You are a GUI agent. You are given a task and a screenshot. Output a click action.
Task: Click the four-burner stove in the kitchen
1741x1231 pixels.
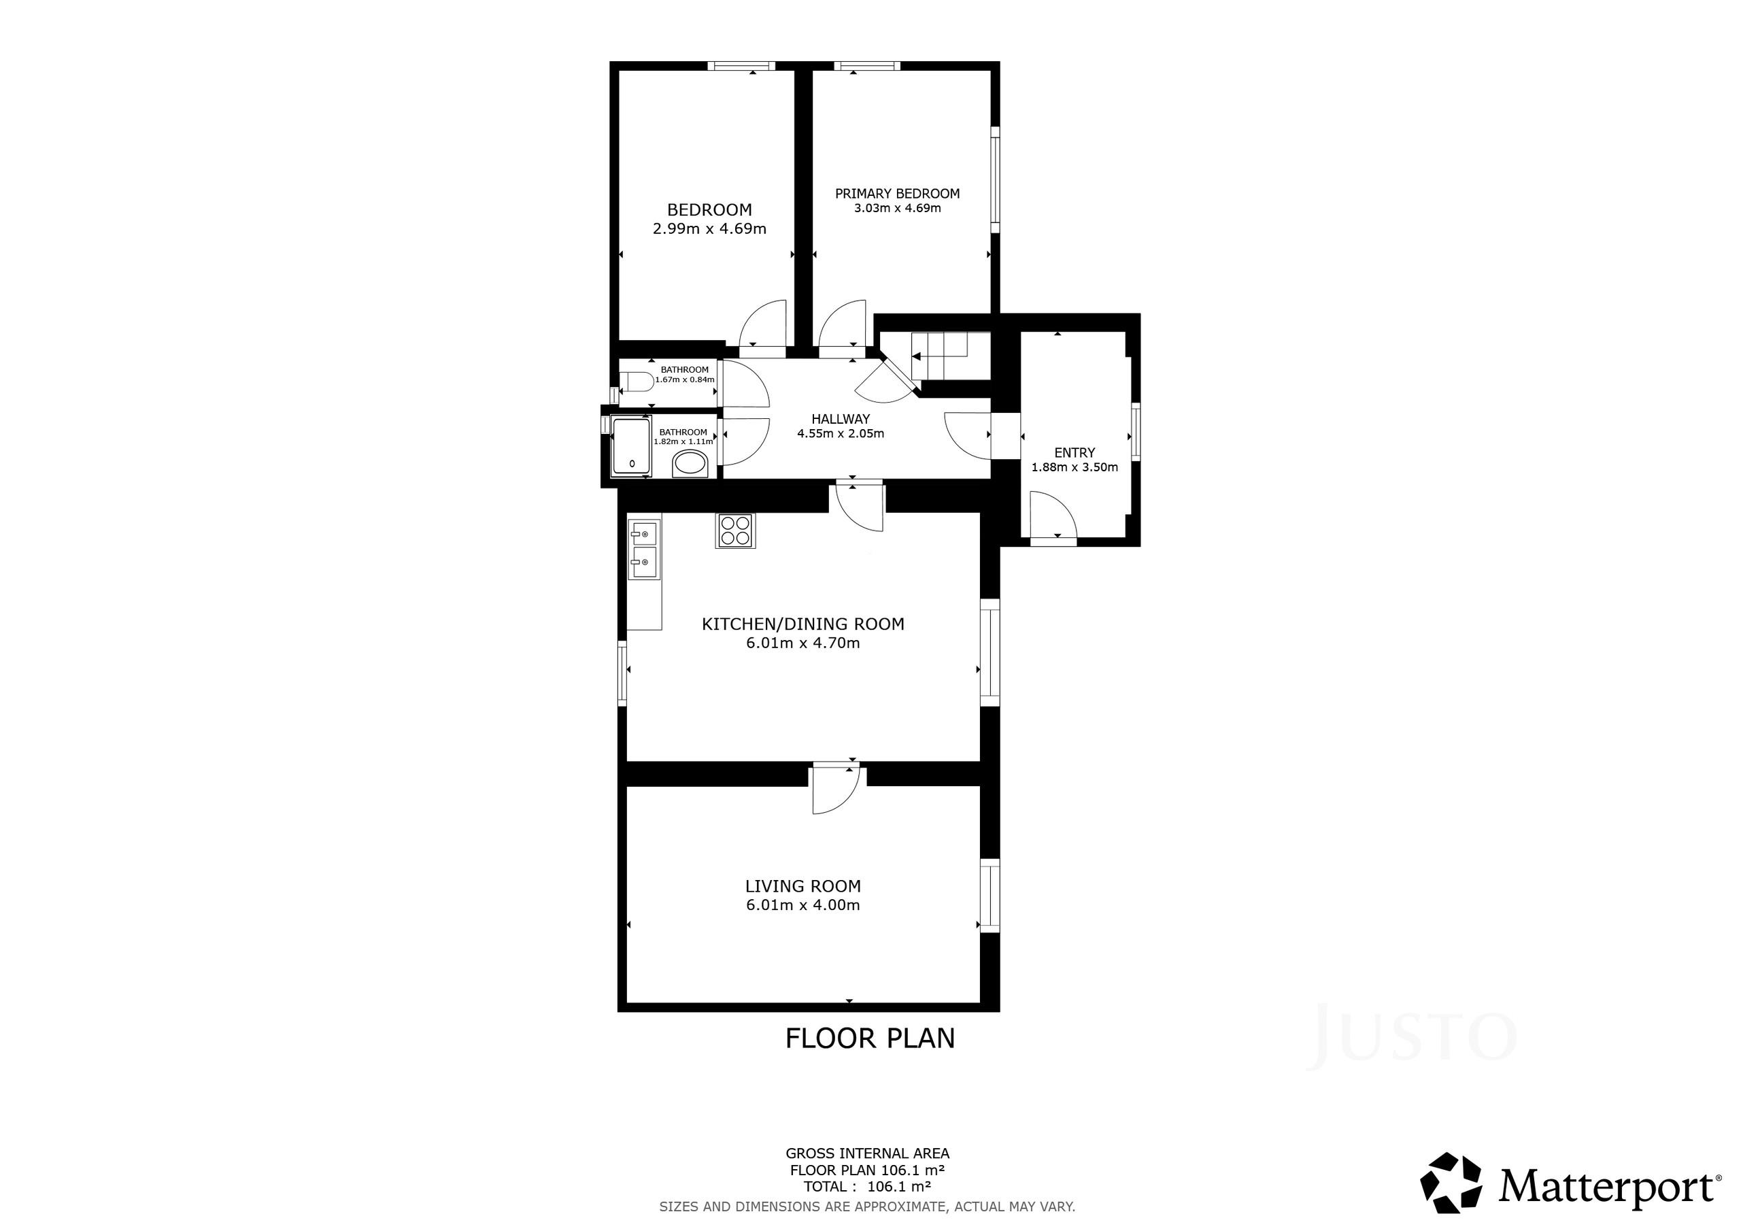coord(734,530)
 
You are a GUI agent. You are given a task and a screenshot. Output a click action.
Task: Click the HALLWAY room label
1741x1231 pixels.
coord(840,419)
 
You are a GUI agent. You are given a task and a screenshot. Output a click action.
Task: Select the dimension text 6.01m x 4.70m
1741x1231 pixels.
coord(803,643)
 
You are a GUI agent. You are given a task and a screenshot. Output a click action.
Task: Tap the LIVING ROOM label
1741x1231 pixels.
coord(803,886)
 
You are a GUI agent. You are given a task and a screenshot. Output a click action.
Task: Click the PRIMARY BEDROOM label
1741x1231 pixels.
coord(898,193)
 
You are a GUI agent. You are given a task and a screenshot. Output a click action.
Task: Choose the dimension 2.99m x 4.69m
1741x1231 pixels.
coord(710,229)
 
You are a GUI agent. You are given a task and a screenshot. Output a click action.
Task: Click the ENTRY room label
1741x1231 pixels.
coord(1075,453)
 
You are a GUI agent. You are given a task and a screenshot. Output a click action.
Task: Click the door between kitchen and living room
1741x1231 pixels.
coord(836,790)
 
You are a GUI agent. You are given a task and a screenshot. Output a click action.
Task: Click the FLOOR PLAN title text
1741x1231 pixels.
coord(870,1039)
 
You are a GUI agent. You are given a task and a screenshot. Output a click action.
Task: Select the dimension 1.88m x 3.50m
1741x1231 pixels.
coord(1075,467)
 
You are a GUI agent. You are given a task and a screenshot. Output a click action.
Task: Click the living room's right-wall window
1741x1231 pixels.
coord(990,896)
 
